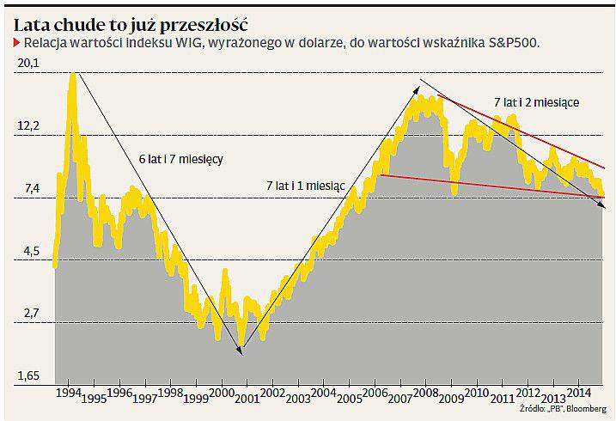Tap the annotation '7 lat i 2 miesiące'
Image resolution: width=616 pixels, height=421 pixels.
(536, 102)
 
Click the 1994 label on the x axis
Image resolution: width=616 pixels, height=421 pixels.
(68, 392)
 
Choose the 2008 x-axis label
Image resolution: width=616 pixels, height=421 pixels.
(424, 392)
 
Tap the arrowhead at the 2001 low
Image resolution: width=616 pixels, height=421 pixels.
(242, 349)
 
